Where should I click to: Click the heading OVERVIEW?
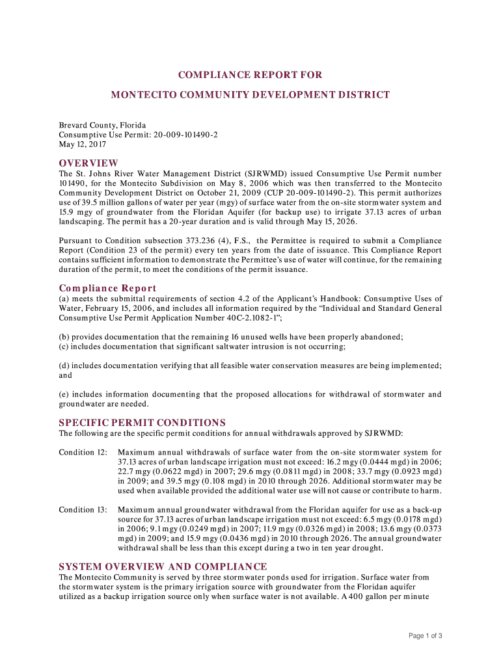coord(88,163)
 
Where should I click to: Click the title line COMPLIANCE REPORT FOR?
coord(250,75)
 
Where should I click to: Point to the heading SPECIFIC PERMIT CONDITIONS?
coord(142,423)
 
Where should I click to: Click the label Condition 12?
coord(83,452)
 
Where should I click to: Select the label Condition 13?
coord(83,510)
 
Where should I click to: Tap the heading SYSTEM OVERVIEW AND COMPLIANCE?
coord(163,566)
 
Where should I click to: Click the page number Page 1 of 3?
coord(426,635)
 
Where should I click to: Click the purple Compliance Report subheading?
coord(107,288)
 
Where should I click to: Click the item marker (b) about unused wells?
coord(64,337)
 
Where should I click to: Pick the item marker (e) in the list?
coord(64,394)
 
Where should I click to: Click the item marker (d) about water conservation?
coord(64,366)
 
